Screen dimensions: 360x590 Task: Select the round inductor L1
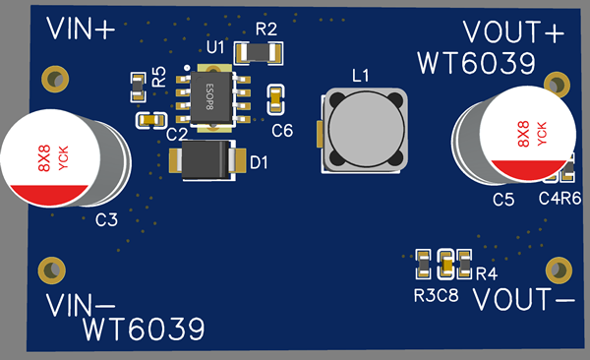tap(364, 131)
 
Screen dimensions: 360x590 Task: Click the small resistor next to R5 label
tap(138, 87)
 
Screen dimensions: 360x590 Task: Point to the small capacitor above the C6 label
tap(277, 97)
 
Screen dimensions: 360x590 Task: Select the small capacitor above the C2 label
tap(150, 119)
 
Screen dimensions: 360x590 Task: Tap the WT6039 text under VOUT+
tap(476, 63)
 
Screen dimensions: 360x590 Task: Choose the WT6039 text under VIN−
tap(144, 328)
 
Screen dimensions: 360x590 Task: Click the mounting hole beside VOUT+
tap(558, 83)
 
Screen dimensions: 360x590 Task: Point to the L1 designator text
tap(360, 74)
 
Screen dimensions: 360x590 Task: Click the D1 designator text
tap(259, 162)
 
